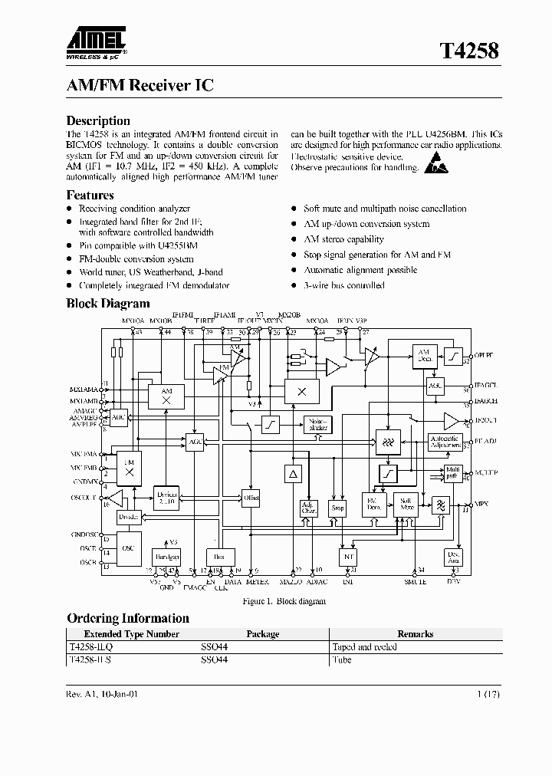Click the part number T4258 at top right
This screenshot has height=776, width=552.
[468, 51]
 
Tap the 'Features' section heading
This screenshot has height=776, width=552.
[90, 195]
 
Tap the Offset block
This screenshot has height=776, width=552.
[251, 498]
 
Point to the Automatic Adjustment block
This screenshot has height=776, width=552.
[445, 442]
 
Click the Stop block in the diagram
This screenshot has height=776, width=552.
[337, 507]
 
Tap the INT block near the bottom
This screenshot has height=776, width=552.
[348, 556]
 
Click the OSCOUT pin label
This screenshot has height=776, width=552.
[84, 498]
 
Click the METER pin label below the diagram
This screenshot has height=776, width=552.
[257, 581]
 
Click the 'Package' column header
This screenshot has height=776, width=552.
[262, 634]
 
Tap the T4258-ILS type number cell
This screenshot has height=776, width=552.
[90, 659]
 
